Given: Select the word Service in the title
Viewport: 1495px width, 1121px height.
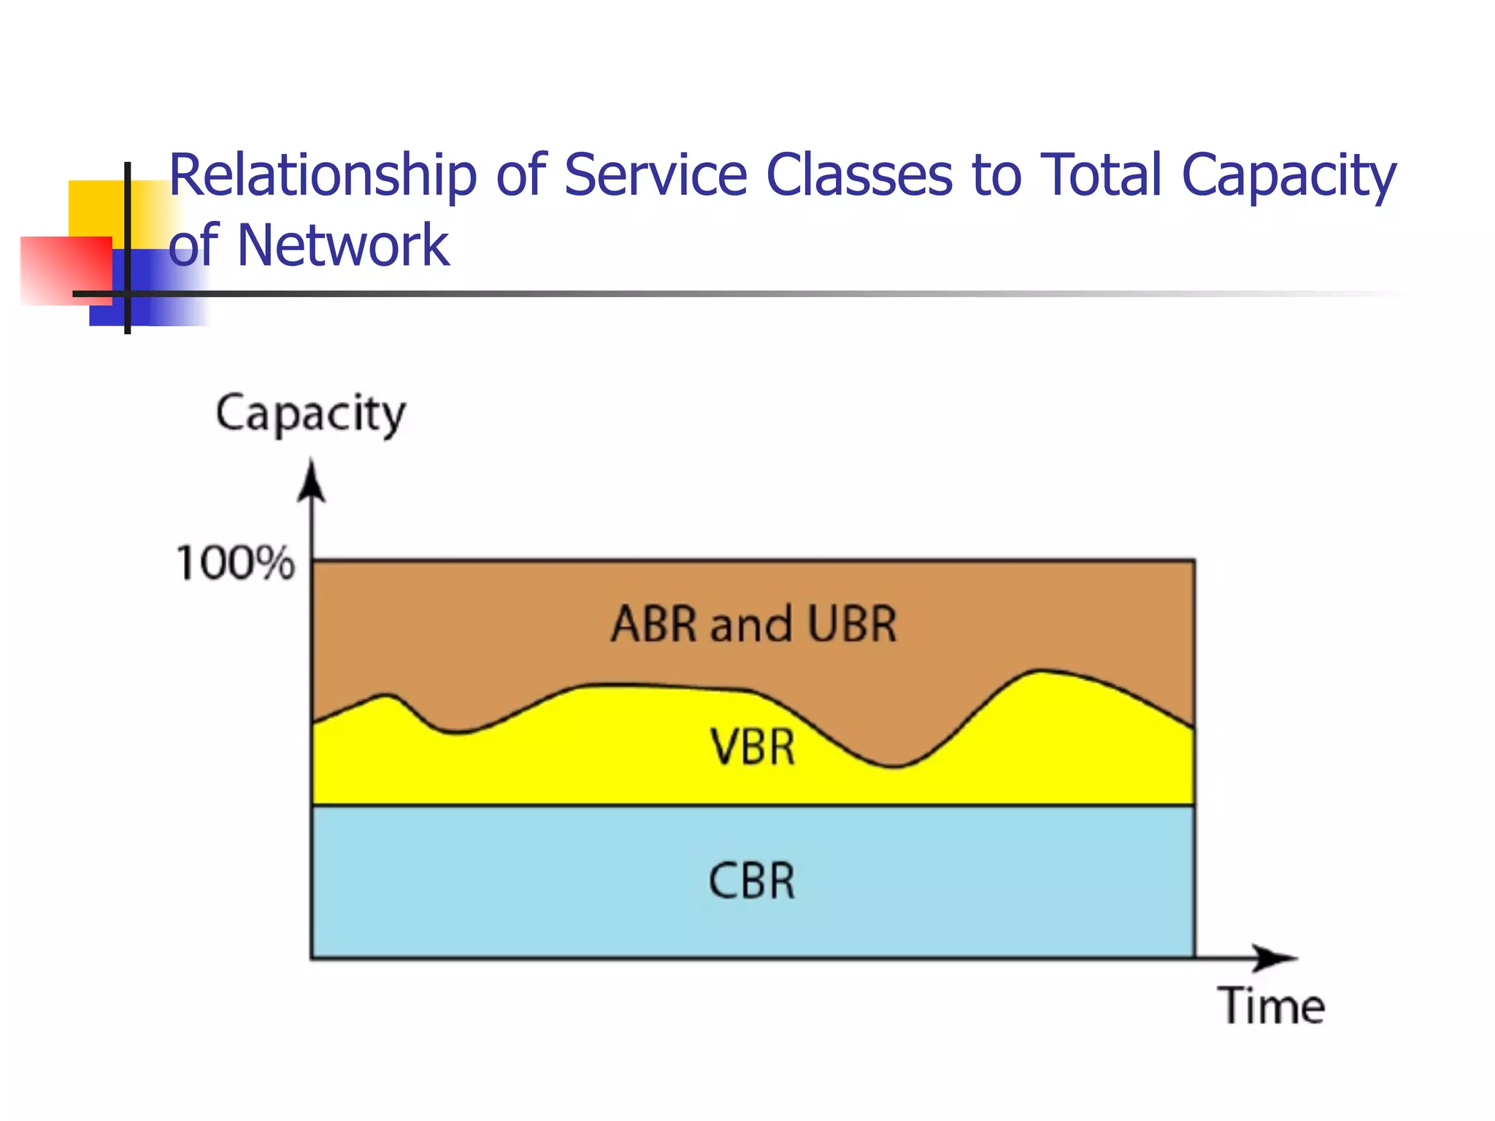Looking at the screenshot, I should (656, 176).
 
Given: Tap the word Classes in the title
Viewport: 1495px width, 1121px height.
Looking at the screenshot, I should (859, 176).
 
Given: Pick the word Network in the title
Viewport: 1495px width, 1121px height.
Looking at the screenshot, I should (342, 246).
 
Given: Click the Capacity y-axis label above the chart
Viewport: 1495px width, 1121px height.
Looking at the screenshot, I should (310, 415).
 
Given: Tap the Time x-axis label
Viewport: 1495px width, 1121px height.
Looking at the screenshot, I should (1271, 1006).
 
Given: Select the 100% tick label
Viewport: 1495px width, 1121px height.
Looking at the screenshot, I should (235, 563).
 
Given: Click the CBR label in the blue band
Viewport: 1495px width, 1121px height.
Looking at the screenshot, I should (752, 881).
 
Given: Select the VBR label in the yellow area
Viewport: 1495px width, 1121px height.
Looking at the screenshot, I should (753, 748).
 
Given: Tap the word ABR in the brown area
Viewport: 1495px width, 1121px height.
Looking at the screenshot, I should (654, 625).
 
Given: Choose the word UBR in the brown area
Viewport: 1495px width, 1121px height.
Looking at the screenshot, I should (852, 625).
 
